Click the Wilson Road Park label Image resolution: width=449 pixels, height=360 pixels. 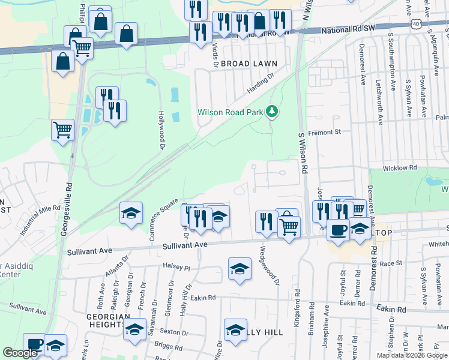tap(231, 112)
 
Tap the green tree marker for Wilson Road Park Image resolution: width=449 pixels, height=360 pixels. tap(272, 111)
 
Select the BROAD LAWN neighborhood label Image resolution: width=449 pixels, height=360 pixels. tap(249, 63)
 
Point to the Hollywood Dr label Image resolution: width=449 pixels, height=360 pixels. tap(161, 129)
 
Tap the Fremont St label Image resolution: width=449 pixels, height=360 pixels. tap(324, 131)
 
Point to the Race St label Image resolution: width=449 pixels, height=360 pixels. tap(390, 263)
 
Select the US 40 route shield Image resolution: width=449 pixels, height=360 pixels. tap(415, 23)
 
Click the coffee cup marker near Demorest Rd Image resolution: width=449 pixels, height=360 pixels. tap(338, 230)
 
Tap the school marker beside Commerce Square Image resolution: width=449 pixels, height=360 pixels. tap(130, 214)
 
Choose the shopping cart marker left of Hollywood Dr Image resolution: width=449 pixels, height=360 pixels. tap(62, 129)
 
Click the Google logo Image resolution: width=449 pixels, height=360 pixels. tap(20, 353)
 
